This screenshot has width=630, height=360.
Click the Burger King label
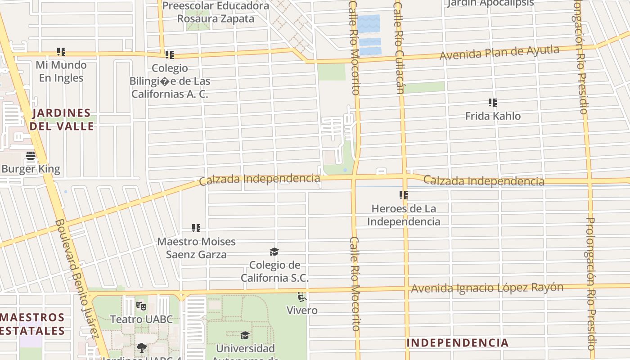31,169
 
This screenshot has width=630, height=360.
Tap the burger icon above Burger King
31,156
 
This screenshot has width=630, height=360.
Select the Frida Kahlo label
493,116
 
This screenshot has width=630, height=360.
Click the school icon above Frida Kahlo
493,103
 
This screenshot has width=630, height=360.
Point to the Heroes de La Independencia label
404,215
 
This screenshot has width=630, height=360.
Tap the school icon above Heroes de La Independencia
404,195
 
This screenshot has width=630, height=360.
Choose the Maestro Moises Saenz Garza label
196,248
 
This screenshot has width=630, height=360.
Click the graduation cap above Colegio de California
274,252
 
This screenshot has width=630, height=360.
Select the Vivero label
302,310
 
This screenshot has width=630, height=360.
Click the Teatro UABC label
141,319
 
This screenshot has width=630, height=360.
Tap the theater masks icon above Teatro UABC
141,306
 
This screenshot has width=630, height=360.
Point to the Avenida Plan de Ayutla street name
499,53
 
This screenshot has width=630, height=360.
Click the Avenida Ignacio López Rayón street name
487,288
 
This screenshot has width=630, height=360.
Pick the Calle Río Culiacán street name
399,47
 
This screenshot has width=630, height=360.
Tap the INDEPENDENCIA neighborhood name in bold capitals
457,343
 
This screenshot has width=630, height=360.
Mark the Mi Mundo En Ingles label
61,72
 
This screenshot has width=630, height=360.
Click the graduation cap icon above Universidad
245,335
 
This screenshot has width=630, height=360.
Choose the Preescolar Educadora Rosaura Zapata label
216,12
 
